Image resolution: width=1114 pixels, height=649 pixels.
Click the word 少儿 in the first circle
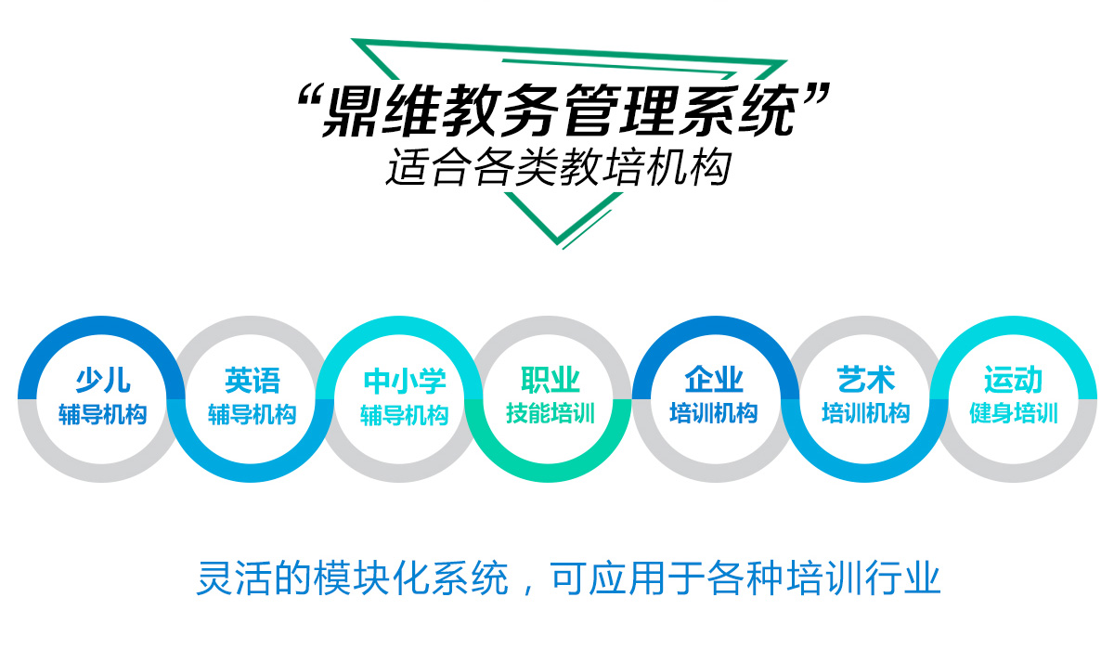[x=103, y=381]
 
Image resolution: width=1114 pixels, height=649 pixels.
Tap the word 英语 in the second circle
[x=253, y=381]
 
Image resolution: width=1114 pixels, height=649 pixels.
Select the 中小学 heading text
[x=405, y=382]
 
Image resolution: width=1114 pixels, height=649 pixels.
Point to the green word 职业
[x=551, y=380]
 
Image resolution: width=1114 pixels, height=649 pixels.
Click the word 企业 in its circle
[x=714, y=380]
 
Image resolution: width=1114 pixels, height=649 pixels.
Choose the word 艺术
[x=866, y=380]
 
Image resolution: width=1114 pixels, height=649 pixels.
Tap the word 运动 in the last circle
[x=1013, y=380]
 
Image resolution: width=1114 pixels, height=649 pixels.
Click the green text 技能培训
[x=551, y=413]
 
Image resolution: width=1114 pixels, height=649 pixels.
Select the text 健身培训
[x=1014, y=413]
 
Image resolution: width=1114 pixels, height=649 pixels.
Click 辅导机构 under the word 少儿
[x=103, y=415]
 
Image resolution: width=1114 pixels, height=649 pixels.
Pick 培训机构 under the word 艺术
[x=866, y=413]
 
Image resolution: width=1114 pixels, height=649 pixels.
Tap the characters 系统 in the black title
[x=740, y=110]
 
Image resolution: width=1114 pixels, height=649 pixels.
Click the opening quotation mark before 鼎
[x=309, y=96]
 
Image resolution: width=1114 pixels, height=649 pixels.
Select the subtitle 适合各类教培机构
[x=559, y=166]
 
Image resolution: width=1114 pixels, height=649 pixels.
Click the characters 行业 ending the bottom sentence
[x=902, y=578]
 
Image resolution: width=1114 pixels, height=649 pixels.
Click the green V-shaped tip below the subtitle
[x=558, y=241]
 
